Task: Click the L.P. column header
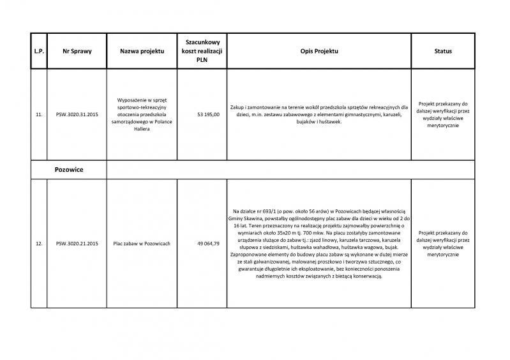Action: pos(38,50)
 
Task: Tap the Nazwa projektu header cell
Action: pos(142,50)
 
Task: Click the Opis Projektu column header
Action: pos(319,50)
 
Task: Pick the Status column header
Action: pos(443,50)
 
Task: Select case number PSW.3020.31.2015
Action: pos(77,115)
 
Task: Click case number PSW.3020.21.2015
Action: pos(77,243)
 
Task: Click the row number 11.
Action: pos(38,115)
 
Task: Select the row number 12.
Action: pos(38,243)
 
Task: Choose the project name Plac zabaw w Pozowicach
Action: pos(142,243)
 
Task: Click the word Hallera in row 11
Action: pos(142,128)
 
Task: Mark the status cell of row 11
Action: pos(443,114)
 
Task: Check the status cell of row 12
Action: pos(443,243)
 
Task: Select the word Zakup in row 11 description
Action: pos(238,107)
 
